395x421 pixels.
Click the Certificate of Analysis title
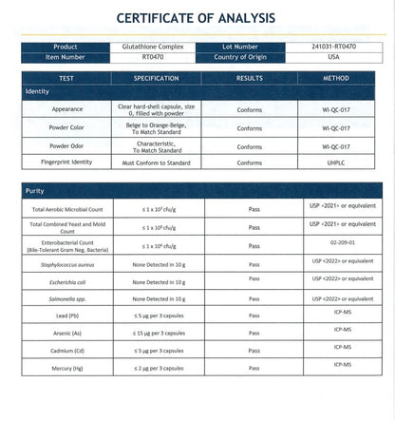[x=197, y=18]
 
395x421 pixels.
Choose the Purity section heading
[x=34, y=191]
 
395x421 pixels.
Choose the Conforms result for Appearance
[x=250, y=110]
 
